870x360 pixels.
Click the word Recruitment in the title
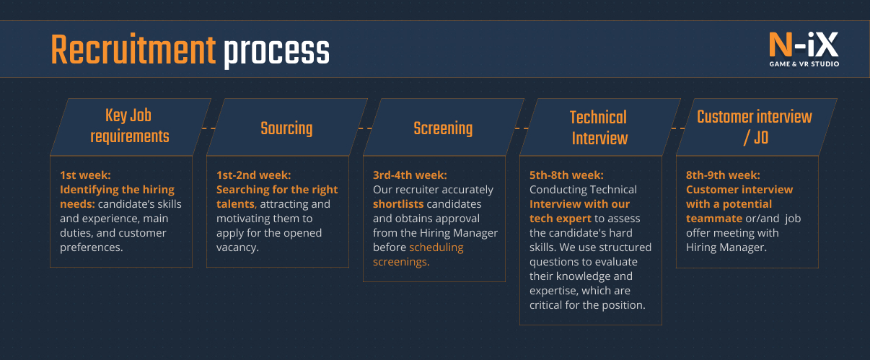pyautogui.click(x=133, y=51)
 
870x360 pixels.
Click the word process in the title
pyautogui.click(x=276, y=52)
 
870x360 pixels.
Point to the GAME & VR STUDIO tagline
pyautogui.click(x=804, y=64)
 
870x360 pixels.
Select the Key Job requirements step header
pyautogui.click(x=131, y=126)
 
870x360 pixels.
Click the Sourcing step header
pyautogui.click(x=286, y=128)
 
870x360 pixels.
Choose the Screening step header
pyautogui.click(x=443, y=128)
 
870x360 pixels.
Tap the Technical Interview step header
pyautogui.click(x=599, y=127)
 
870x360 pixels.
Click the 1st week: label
pyautogui.click(x=86, y=175)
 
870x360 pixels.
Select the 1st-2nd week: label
pyautogui.click(x=253, y=175)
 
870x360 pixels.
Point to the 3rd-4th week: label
pyautogui.click(x=410, y=175)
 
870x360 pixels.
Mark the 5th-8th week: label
pyautogui.click(x=566, y=175)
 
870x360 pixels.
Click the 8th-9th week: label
pyautogui.click(x=723, y=175)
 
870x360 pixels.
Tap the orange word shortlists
pyautogui.click(x=398, y=204)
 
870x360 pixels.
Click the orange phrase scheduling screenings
pyautogui.click(x=418, y=255)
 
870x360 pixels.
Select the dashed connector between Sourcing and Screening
pyautogui.click(x=364, y=128)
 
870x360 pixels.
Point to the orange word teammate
pyautogui.click(x=714, y=219)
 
